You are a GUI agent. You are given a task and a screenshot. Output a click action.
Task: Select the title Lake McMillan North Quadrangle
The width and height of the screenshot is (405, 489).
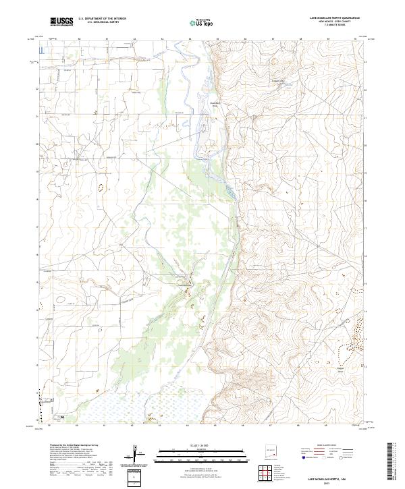pyautogui.click(x=334, y=18)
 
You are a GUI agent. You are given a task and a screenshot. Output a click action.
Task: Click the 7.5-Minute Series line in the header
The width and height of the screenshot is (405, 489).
pyautogui.click(x=334, y=25)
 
